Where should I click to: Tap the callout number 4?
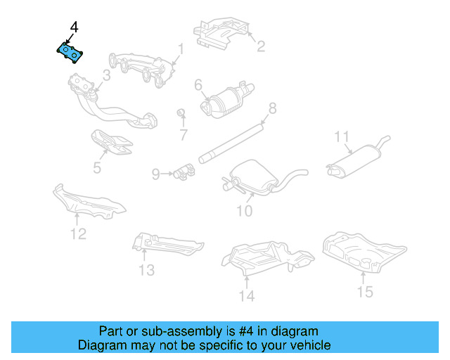74,27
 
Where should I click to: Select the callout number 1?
180,49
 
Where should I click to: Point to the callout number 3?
107,75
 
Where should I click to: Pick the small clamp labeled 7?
180,113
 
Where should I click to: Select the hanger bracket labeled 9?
185,171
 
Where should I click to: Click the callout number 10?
243,210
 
